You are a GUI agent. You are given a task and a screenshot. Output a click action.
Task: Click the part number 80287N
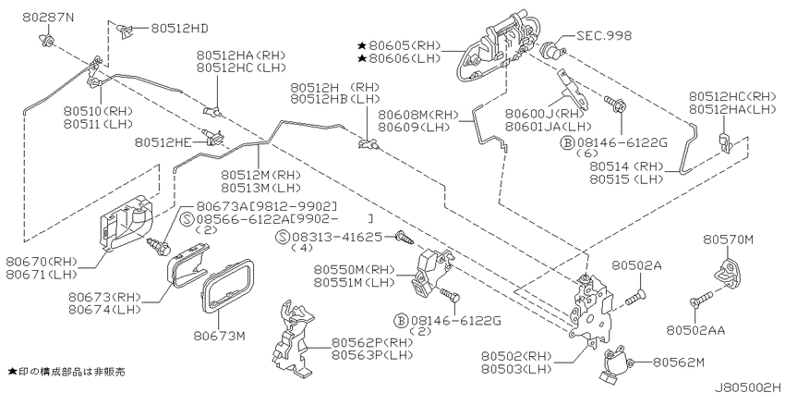[x=48, y=18]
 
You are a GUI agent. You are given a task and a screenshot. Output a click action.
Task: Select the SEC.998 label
[x=604, y=35]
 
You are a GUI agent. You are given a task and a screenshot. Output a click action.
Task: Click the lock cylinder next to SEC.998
[x=552, y=49]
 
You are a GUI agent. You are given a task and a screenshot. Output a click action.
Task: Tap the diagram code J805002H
[x=748, y=387]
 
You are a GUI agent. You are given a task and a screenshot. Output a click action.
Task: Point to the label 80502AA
[x=695, y=330]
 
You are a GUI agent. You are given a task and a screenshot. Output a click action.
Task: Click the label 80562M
[x=679, y=362]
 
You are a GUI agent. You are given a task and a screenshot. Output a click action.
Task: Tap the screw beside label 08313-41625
[x=404, y=237]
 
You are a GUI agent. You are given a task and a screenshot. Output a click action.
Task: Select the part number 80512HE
[x=163, y=143]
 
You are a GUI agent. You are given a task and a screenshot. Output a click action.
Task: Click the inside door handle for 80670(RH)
[x=127, y=222]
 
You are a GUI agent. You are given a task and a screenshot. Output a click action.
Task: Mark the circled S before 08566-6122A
[x=187, y=219]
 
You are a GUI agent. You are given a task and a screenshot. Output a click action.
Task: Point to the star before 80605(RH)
[x=361, y=45]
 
